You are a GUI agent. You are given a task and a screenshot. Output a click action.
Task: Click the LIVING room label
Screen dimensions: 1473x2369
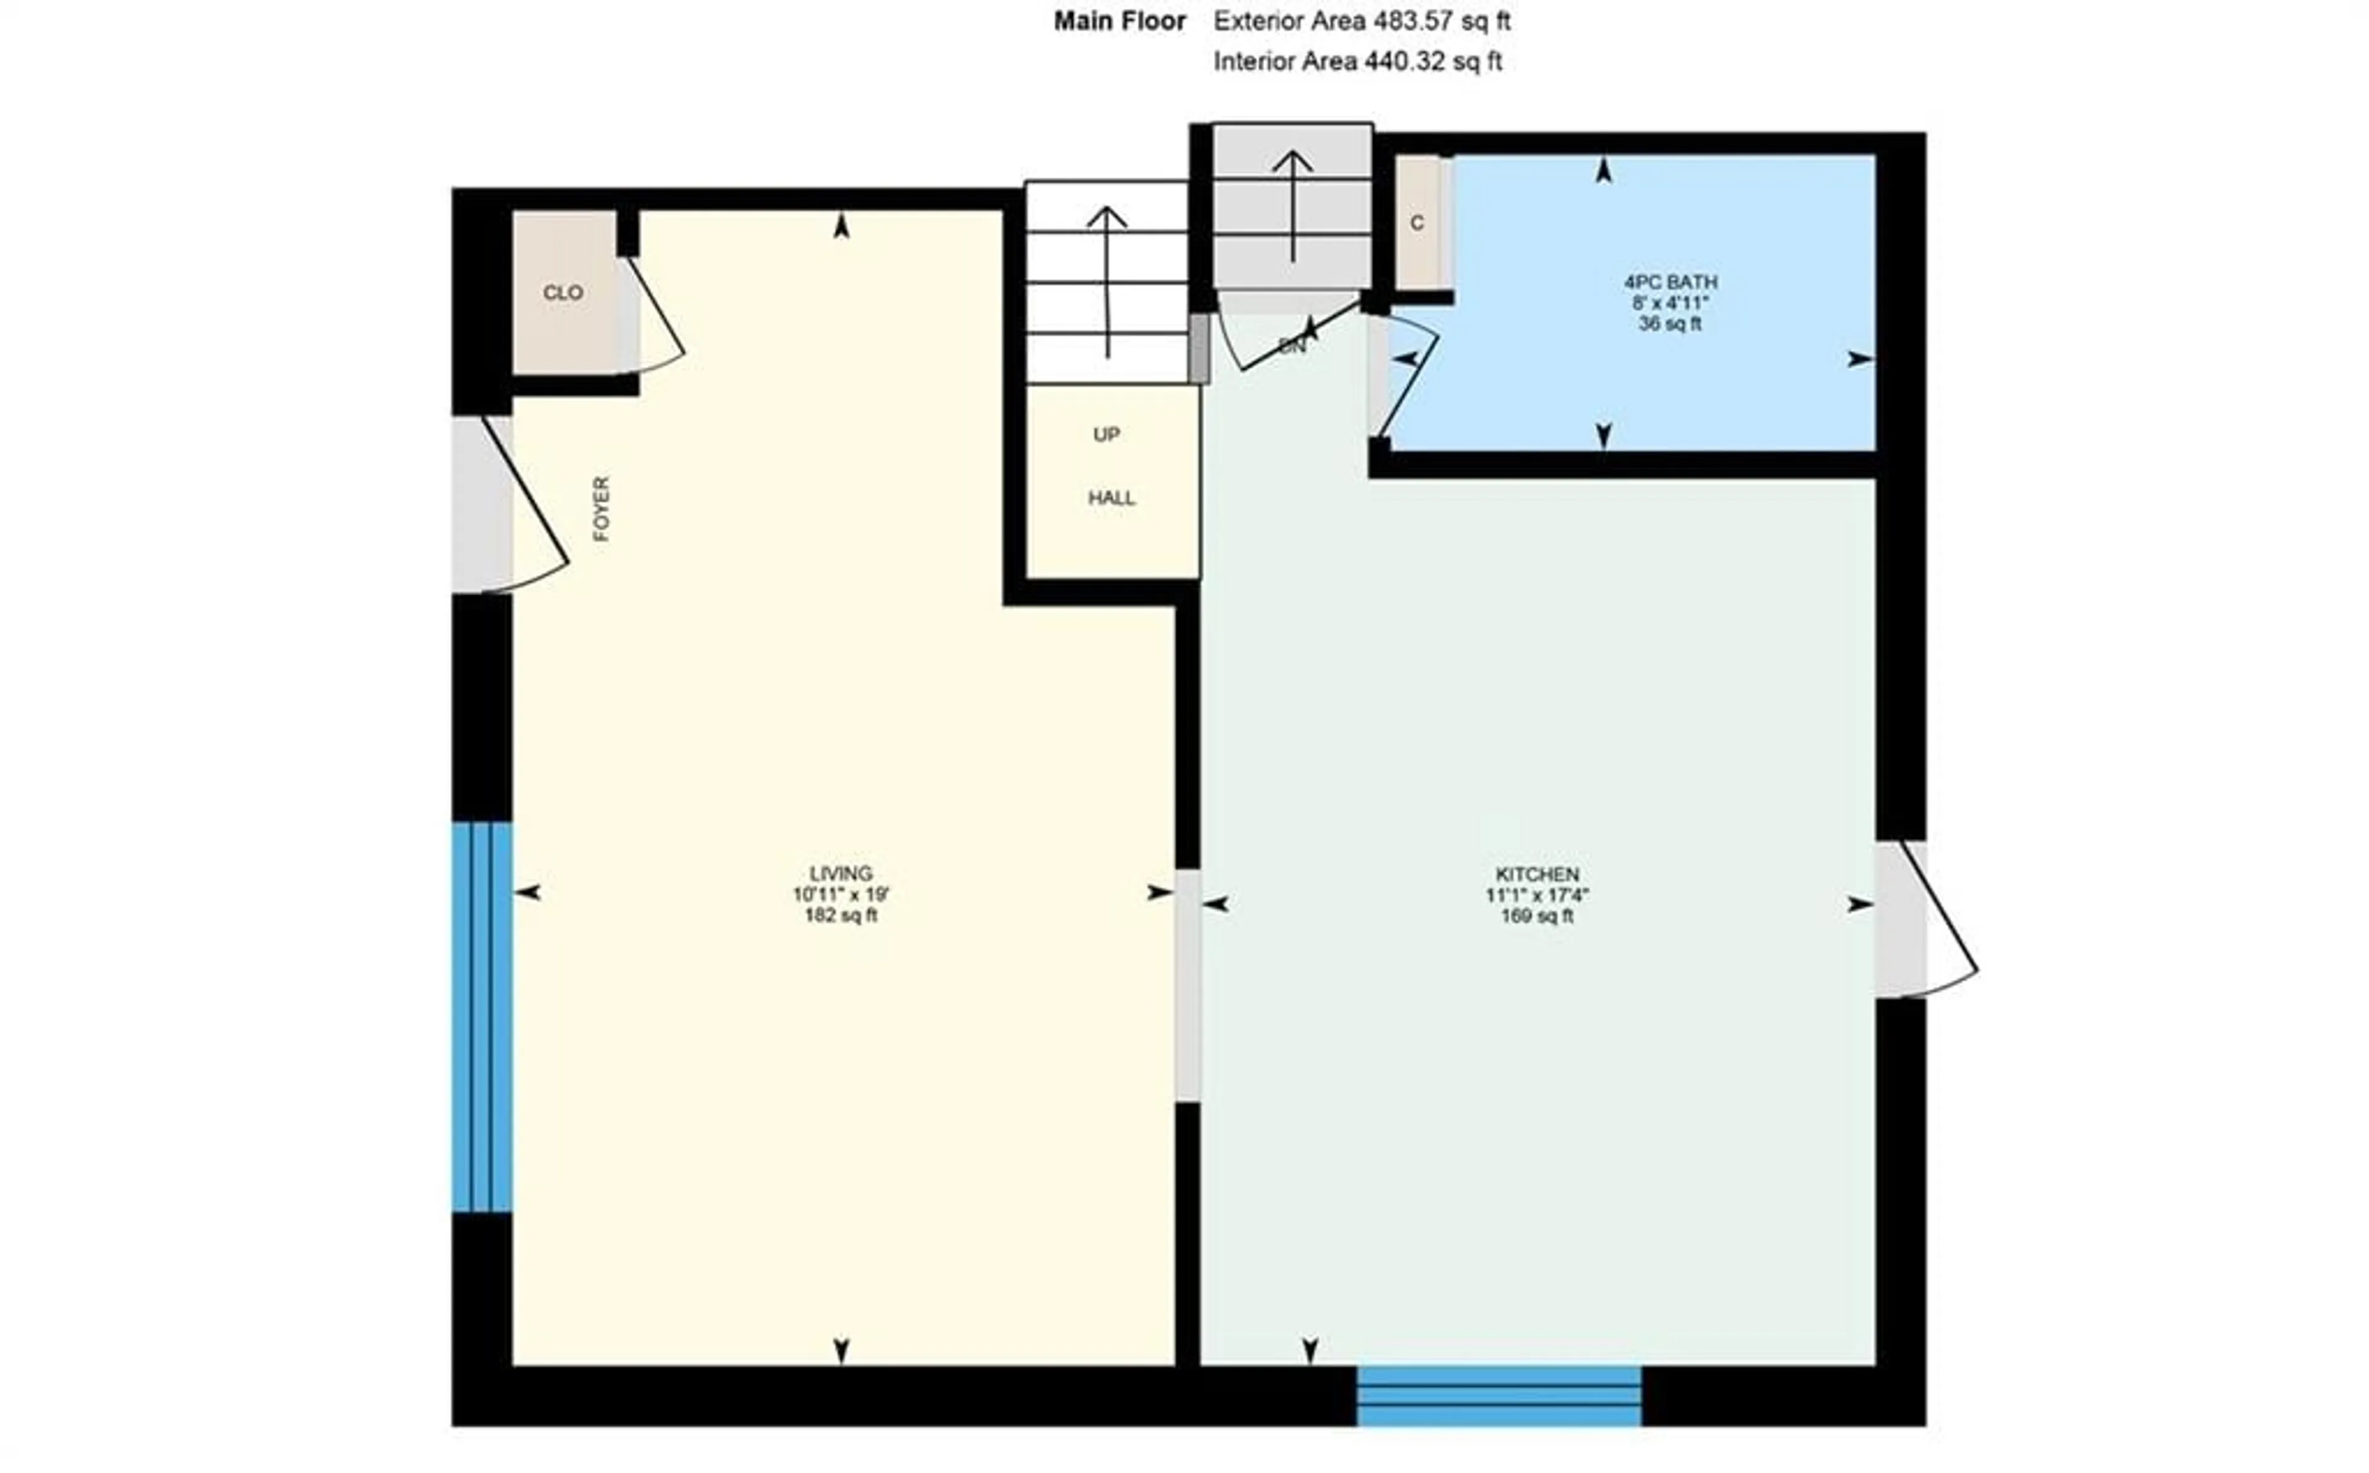point(840,873)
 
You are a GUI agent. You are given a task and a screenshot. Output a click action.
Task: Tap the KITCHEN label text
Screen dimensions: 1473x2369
point(1537,874)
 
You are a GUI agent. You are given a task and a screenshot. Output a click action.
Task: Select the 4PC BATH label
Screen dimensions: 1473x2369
point(1669,282)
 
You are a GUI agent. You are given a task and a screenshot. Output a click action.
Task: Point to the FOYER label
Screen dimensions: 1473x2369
point(602,509)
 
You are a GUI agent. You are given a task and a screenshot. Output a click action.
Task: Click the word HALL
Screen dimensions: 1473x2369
point(1111,498)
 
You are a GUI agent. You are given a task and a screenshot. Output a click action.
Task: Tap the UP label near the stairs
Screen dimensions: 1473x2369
point(1106,435)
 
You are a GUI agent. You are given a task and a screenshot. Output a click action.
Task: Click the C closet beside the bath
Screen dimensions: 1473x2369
point(1417,223)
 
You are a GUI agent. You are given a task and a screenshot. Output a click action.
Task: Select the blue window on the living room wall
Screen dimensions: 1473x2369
point(481,1017)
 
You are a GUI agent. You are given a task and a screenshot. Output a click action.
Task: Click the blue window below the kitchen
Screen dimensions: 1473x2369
point(1498,1395)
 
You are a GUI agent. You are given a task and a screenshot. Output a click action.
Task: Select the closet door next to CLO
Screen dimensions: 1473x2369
point(651,317)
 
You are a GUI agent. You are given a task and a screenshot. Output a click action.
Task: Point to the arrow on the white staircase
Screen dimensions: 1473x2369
point(1107,282)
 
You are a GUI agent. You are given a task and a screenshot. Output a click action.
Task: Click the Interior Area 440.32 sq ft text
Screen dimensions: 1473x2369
point(1357,62)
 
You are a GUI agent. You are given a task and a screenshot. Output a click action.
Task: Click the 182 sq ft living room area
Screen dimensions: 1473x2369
point(840,916)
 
